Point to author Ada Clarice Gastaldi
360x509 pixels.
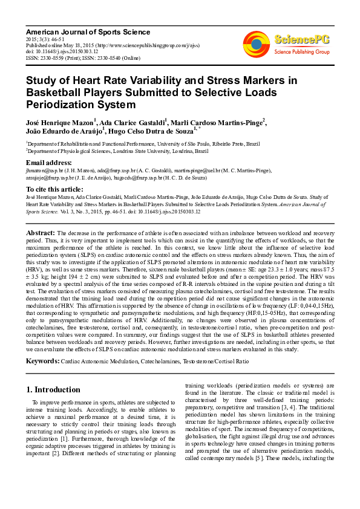[133, 123]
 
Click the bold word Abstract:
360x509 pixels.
[41, 233]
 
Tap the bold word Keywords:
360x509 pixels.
[42, 361]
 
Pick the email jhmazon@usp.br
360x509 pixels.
[43, 171]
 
